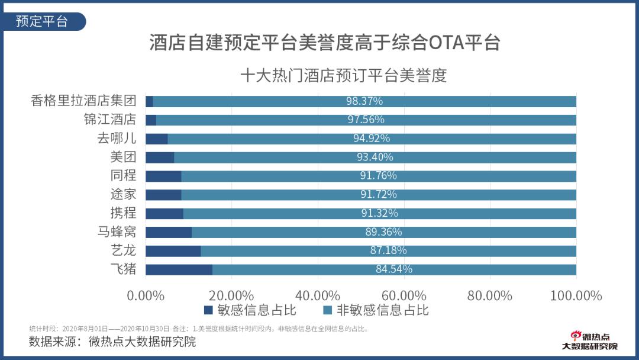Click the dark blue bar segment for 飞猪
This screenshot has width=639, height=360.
179,269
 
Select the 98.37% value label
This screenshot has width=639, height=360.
364,101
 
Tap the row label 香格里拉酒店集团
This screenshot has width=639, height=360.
83,101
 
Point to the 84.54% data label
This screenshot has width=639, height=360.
394,269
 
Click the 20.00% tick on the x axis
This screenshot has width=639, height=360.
231,295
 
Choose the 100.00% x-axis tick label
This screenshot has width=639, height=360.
576,295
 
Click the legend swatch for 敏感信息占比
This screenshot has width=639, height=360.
208,310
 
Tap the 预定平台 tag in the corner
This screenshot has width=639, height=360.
42,22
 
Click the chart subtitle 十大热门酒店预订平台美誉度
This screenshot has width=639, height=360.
343,76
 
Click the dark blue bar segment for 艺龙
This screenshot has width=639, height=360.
173,251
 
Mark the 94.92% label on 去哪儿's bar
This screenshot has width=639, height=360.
372,139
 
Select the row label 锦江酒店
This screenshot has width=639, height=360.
109,120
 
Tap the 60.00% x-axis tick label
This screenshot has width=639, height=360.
405,295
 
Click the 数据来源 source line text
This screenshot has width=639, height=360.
112,342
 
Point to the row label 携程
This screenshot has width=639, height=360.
123,213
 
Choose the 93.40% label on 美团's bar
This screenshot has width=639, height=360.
375,157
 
